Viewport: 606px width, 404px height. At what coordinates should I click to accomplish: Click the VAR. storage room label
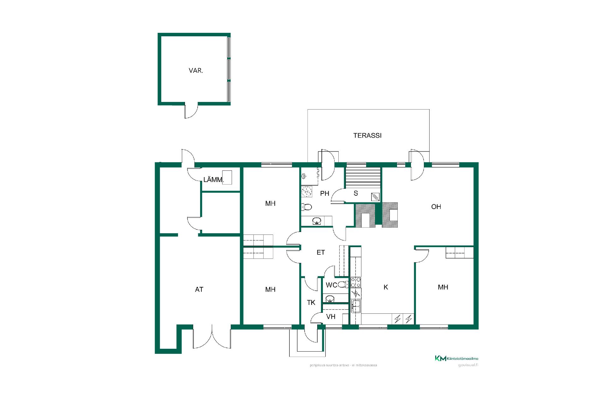[196, 71]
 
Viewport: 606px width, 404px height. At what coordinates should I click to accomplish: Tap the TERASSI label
[367, 135]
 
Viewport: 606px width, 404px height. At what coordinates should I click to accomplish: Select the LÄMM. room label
[214, 180]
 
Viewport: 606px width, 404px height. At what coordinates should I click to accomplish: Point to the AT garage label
[199, 289]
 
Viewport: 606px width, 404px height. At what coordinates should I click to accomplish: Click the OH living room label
[436, 207]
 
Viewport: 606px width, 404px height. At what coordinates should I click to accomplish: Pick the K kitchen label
[386, 287]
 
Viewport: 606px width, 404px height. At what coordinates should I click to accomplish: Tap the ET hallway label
[321, 252]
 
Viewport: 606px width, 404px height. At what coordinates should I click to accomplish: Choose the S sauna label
[356, 193]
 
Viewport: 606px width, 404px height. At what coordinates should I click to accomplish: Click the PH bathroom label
[325, 193]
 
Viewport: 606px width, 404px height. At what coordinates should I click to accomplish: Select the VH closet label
[331, 317]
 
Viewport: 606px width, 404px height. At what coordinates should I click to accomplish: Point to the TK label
[311, 303]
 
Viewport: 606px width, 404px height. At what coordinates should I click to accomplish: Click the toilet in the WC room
[342, 285]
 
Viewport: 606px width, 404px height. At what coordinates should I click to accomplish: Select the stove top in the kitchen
[356, 282]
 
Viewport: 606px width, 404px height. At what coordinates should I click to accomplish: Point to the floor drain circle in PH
[306, 192]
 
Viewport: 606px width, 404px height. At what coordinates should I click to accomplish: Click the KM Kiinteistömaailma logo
[456, 358]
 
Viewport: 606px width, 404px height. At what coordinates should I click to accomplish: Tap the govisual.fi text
[468, 365]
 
